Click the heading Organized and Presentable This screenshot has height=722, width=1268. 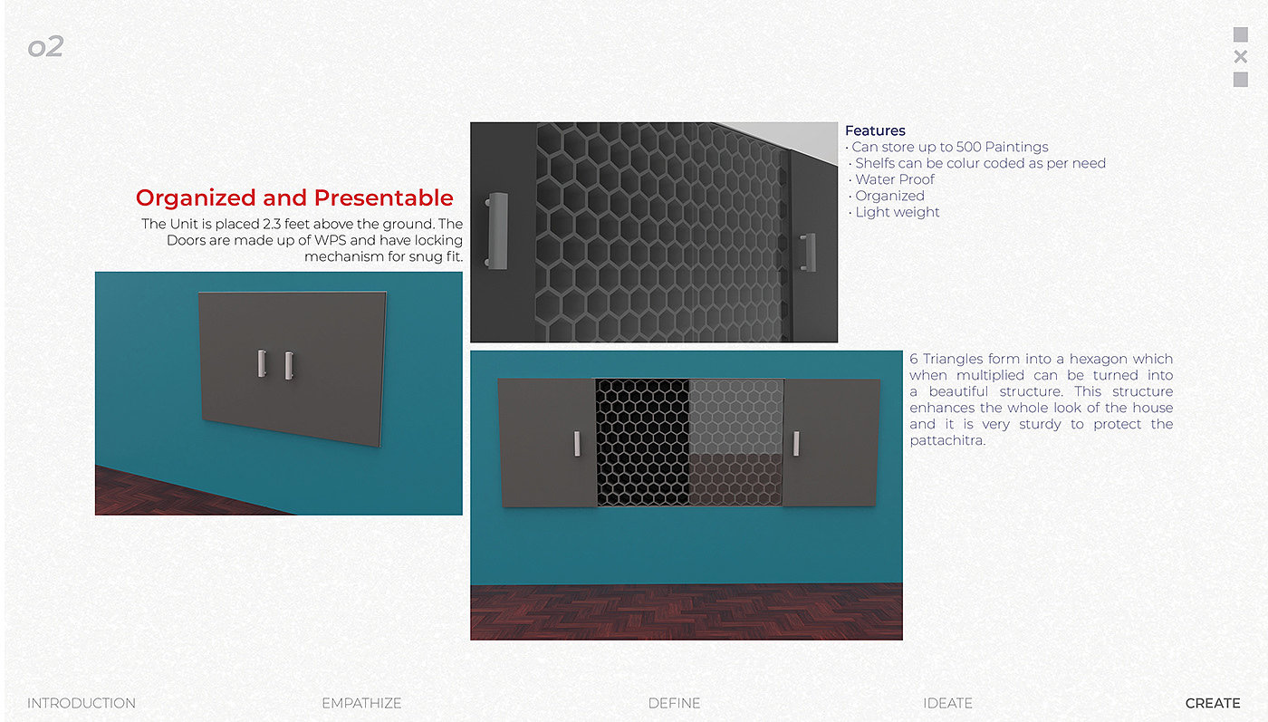(294, 198)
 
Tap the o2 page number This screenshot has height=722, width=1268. (46, 46)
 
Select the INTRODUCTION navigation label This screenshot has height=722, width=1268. (82, 703)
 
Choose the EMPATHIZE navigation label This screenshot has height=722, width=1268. (361, 703)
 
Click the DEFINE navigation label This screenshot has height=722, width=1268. (674, 703)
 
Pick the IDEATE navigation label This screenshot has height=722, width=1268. (947, 703)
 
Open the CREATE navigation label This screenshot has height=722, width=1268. (1213, 703)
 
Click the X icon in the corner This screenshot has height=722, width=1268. (1241, 57)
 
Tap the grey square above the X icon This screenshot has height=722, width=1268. (1241, 34)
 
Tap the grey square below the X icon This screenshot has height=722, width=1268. (1241, 80)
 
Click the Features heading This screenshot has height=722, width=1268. (875, 130)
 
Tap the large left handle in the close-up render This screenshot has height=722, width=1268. (496, 231)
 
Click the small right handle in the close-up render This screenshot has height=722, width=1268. (808, 252)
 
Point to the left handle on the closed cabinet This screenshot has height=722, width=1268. (262, 363)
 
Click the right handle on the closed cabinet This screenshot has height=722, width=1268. (289, 365)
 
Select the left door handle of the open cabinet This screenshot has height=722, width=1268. (577, 443)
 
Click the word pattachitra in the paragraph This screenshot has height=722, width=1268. (946, 440)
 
